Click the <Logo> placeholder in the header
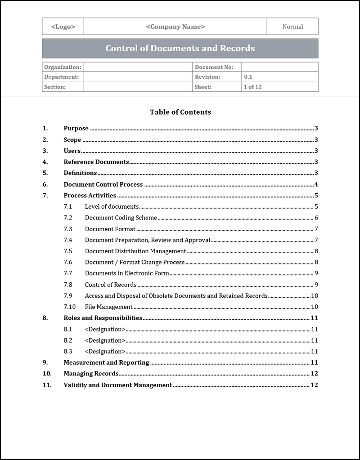coord(63,27)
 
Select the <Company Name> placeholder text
coord(175,27)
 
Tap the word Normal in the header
coord(292,27)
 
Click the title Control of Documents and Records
coord(180,48)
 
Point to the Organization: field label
coord(63,67)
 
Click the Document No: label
coord(214,67)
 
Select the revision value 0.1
coord(248,77)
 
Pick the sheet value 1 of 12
coord(252,87)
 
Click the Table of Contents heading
coord(180,112)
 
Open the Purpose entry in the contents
coord(76,129)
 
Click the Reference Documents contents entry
coord(96,162)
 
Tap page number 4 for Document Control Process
coord(316,184)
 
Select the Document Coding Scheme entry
coord(121,218)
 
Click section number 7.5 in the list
coord(68,251)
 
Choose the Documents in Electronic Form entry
coord(127,273)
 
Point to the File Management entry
coord(108,307)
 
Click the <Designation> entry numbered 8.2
coord(105,340)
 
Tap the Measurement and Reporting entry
coord(106,362)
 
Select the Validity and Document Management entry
coord(117,385)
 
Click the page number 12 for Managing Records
coord(314,374)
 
